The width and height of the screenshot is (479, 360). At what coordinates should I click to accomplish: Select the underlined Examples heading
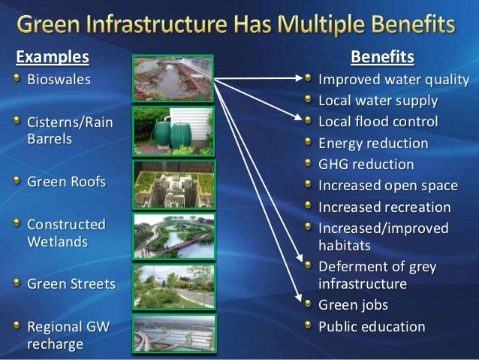(53, 58)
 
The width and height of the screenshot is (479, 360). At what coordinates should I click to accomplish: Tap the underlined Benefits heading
(382, 58)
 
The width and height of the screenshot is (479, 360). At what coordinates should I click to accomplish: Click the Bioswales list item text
(58, 79)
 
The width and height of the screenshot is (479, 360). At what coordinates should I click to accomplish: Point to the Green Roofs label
(66, 182)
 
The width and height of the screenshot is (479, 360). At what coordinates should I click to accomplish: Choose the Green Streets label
(71, 285)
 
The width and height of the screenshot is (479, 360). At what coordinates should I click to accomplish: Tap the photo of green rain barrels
(173, 131)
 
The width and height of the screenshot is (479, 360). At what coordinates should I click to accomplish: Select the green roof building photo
(173, 183)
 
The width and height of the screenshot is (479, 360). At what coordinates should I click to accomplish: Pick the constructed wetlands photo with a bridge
(173, 235)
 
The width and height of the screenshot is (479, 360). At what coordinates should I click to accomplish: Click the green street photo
(173, 286)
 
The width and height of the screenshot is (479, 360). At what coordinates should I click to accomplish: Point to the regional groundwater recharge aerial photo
(173, 332)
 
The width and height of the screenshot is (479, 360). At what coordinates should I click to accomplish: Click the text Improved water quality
(393, 80)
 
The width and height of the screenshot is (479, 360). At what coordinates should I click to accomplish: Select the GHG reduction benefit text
(366, 165)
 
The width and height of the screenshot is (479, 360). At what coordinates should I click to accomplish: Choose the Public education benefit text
(372, 327)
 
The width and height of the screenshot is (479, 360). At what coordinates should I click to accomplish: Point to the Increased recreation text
(384, 207)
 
